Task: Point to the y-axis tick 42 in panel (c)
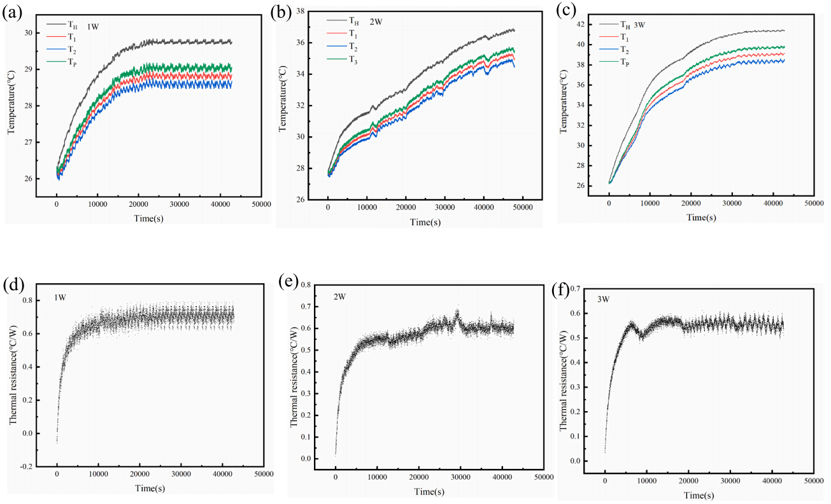click(580, 25)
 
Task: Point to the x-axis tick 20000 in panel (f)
click(688, 481)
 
